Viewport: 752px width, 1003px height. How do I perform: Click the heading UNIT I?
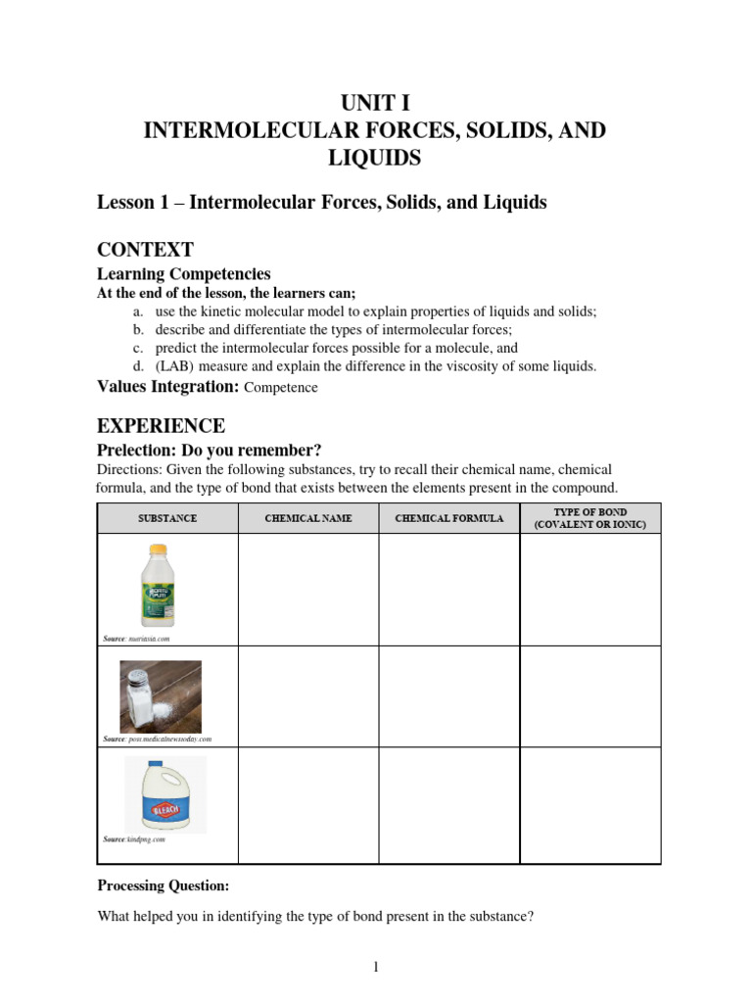[x=375, y=103]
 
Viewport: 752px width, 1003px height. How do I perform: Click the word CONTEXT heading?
[x=145, y=249]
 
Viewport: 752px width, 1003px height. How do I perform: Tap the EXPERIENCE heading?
[x=161, y=425]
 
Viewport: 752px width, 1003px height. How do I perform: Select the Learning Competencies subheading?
[x=183, y=274]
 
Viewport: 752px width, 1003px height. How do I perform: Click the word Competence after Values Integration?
[x=281, y=388]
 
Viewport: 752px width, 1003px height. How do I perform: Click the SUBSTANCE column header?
[x=167, y=518]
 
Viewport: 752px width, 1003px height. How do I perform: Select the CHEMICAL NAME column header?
[x=308, y=518]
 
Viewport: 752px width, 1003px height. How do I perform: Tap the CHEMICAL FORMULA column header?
[x=449, y=518]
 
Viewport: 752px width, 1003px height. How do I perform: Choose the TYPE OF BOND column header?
[x=590, y=518]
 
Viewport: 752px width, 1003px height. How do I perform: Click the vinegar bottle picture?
[x=157, y=586]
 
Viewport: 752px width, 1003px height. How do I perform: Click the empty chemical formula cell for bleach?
[x=449, y=805]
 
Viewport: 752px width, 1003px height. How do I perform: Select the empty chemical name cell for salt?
[x=308, y=695]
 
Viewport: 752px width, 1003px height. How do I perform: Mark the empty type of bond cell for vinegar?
[x=590, y=590]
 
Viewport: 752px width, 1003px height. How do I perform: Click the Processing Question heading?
[x=164, y=885]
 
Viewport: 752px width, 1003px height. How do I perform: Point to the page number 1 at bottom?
[x=375, y=967]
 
